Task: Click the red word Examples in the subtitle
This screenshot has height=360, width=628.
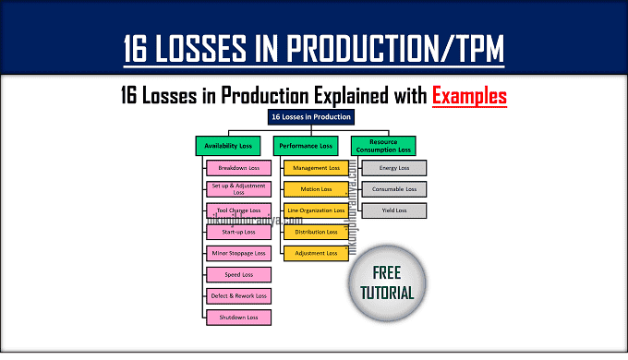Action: [469, 95]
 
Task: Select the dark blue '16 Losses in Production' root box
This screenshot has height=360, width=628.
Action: [310, 117]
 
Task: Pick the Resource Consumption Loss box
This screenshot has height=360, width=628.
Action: [382, 145]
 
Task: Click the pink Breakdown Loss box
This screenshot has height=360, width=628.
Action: [238, 168]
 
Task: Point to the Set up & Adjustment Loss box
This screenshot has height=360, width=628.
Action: [238, 189]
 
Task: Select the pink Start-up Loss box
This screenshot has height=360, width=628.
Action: [238, 232]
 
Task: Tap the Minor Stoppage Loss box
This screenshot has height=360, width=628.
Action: [238, 253]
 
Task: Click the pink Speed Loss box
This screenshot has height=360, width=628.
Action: [238, 275]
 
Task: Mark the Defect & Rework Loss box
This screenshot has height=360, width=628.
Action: [238, 296]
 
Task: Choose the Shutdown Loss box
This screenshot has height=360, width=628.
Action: [238, 318]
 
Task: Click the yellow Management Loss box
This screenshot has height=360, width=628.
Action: [315, 168]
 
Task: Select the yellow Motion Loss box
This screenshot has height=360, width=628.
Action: [315, 189]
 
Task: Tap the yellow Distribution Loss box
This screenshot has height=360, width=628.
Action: [315, 232]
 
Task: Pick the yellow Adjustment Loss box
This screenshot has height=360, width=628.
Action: [315, 253]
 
